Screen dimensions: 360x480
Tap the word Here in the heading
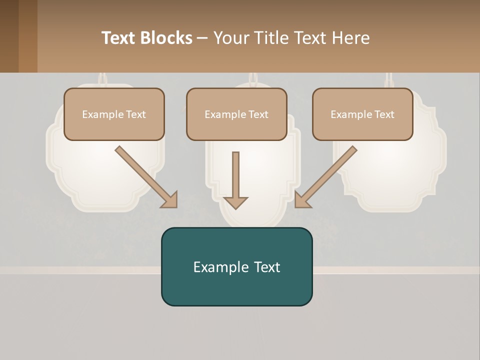click(x=350, y=38)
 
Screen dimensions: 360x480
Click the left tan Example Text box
click(x=114, y=114)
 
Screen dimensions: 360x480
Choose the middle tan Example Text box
click(x=236, y=114)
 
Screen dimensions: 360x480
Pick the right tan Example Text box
click(x=362, y=114)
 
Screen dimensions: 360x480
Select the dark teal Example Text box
click(x=236, y=266)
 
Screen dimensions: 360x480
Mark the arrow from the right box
click(x=327, y=175)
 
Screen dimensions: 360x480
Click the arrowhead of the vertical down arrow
click(x=235, y=202)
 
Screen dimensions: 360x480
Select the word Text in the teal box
click(x=266, y=267)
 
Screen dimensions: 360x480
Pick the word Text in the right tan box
click(x=384, y=114)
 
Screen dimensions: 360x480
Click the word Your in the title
click(x=230, y=38)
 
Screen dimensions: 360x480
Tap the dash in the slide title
click(x=202, y=38)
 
